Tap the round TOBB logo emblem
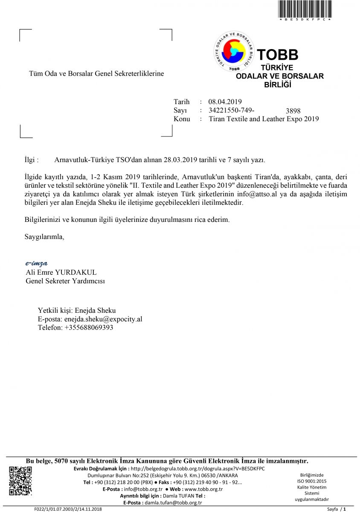click(x=233, y=52)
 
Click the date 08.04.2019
click(x=225, y=102)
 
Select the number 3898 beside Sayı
click(x=293, y=111)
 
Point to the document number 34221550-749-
click(x=232, y=110)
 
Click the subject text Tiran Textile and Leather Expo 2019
click(x=264, y=119)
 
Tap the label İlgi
click(x=31, y=160)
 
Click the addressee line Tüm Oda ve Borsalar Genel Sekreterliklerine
click(x=96, y=74)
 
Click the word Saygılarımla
click(x=44, y=236)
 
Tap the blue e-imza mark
click(x=36, y=263)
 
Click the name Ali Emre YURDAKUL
click(x=61, y=272)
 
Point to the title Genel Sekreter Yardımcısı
click(x=65, y=281)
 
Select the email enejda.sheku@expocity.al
click(x=103, y=319)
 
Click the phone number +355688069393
click(x=89, y=328)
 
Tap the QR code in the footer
click(x=20, y=481)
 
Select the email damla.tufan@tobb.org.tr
click(x=173, y=503)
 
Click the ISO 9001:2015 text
click(x=311, y=481)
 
